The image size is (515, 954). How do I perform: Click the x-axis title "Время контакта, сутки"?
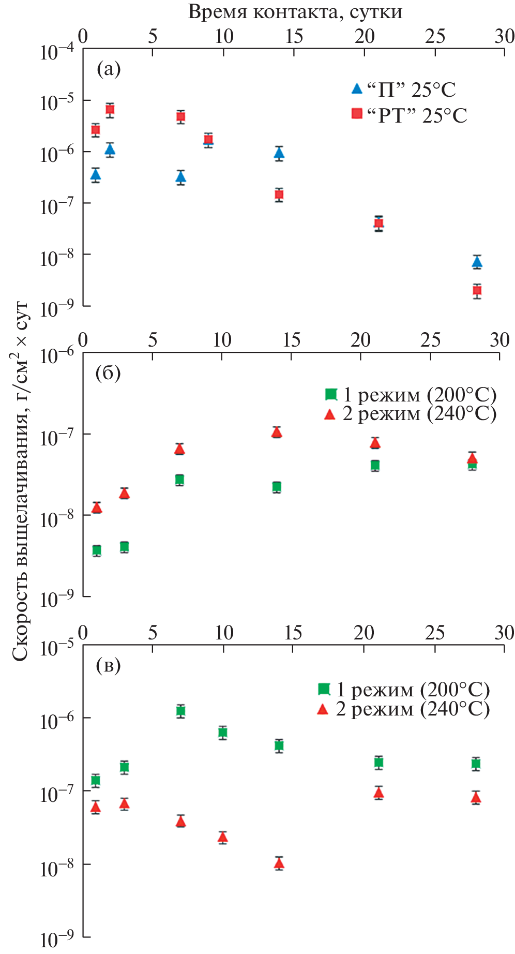coord(295,11)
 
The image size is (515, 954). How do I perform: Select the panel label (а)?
coord(109,68)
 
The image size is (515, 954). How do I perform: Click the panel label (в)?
coord(108,666)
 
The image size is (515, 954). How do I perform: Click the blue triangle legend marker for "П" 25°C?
coord(357,89)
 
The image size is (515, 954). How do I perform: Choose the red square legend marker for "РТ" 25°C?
coord(357,113)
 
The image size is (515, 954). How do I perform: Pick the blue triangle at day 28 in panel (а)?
coord(477,262)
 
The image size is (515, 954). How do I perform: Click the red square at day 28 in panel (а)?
coord(477,290)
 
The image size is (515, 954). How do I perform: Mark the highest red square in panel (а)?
coord(110,109)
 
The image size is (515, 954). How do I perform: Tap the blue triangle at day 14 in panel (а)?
coord(279,153)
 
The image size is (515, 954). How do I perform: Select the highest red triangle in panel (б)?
coord(277,432)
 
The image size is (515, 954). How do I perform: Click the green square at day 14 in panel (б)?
coord(277,487)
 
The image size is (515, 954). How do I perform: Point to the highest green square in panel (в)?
coord(180,710)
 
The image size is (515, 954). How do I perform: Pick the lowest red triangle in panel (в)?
coord(279,863)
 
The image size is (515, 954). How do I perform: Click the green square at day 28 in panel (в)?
coord(476,764)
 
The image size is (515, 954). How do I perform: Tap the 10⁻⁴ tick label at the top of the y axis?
coord(57,52)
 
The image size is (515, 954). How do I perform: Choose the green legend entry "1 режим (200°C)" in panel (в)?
coord(403,689)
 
